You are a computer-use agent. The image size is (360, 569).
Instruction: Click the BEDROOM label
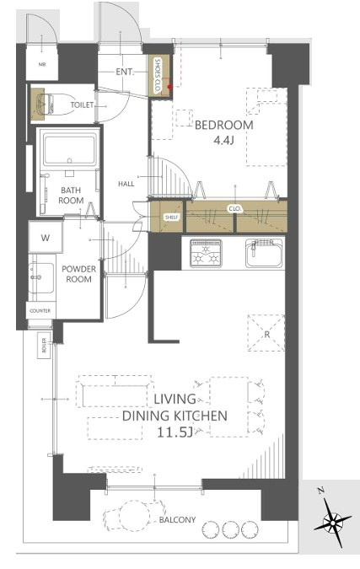pos(224,126)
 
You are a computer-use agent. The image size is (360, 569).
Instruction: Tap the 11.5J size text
pos(175,432)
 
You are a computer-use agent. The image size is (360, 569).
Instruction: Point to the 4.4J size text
pos(223,140)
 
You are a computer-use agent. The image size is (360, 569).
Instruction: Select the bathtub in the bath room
pos(70,149)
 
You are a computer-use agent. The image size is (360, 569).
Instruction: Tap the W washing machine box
pos(46,238)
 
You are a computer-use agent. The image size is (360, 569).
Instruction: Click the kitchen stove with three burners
pos(206,253)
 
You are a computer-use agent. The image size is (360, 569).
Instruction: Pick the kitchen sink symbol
pos(264,253)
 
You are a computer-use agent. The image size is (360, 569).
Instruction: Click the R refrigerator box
pos(266,333)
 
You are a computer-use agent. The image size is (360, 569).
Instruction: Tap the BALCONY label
pos(177,519)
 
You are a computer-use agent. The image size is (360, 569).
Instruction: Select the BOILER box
pos(45,346)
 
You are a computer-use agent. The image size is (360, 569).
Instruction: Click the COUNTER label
pos(40,311)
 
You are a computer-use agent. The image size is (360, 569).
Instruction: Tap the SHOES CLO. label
pos(158,76)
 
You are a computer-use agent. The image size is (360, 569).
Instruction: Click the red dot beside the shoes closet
pos(169,86)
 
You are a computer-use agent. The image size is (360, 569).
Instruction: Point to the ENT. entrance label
pos(125,72)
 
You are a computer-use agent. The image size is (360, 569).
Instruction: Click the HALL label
pos(126,184)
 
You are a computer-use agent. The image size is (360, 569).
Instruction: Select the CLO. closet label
pos(235,209)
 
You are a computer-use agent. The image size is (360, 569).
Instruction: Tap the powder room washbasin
pos(41,277)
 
